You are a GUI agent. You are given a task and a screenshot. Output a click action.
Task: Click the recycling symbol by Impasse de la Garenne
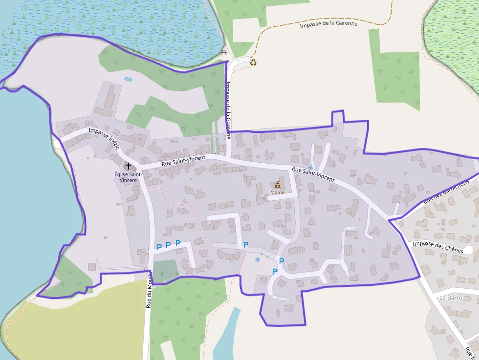click(253, 62)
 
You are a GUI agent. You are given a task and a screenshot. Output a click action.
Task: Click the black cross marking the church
click(129, 166)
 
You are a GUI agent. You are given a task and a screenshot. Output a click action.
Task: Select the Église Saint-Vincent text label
click(128, 177)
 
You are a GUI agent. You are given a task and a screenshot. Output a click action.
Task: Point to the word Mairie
click(277, 192)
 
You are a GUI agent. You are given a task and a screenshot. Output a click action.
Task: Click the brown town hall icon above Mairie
click(278, 184)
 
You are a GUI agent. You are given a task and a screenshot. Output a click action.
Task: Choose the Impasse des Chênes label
click(437, 247)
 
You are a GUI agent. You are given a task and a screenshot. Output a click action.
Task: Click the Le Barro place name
click(450, 297)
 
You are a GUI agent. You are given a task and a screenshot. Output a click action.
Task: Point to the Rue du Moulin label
click(149, 293)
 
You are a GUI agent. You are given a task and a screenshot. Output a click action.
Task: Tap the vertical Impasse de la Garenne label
click(228, 110)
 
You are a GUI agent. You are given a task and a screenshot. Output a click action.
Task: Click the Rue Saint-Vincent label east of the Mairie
click(313, 174)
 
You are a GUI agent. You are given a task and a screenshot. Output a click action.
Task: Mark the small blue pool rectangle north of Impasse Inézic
click(128, 79)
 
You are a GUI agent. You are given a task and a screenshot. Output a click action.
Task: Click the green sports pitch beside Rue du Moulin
click(165, 270)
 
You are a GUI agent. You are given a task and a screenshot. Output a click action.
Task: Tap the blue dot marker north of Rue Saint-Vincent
click(310, 167)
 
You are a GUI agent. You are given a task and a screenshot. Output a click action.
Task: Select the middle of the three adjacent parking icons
click(168, 245)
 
